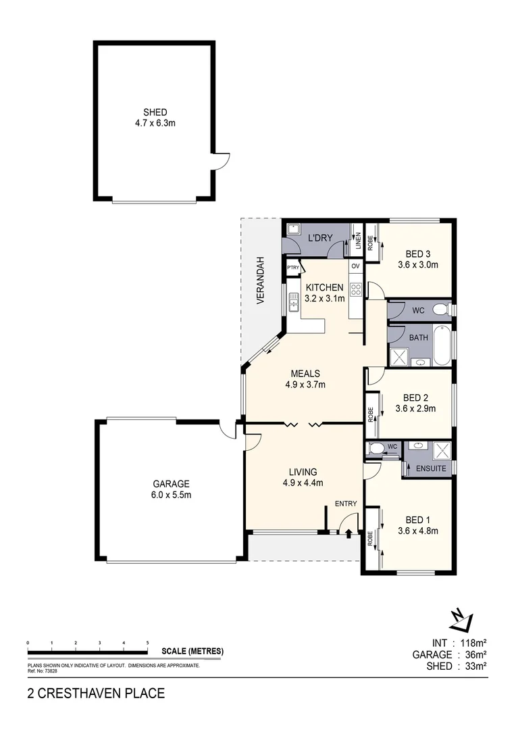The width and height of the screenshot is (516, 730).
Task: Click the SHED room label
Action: [155, 112]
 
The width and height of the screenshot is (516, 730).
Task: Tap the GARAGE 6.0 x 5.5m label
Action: [170, 484]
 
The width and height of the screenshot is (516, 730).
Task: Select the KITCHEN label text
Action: [325, 287]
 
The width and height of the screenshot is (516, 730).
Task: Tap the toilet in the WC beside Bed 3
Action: [440, 310]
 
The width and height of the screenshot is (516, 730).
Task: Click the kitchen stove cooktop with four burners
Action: [356, 290]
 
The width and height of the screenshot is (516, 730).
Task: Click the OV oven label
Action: [355, 266]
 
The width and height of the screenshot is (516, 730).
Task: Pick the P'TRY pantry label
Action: [292, 268]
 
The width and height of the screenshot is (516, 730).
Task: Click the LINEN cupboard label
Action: [357, 241]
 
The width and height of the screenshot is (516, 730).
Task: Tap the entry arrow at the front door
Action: [349, 534]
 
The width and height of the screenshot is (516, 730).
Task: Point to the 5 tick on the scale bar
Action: [147, 643]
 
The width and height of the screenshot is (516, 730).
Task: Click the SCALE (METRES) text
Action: [192, 652]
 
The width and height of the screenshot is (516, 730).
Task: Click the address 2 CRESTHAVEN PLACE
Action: [95, 693]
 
